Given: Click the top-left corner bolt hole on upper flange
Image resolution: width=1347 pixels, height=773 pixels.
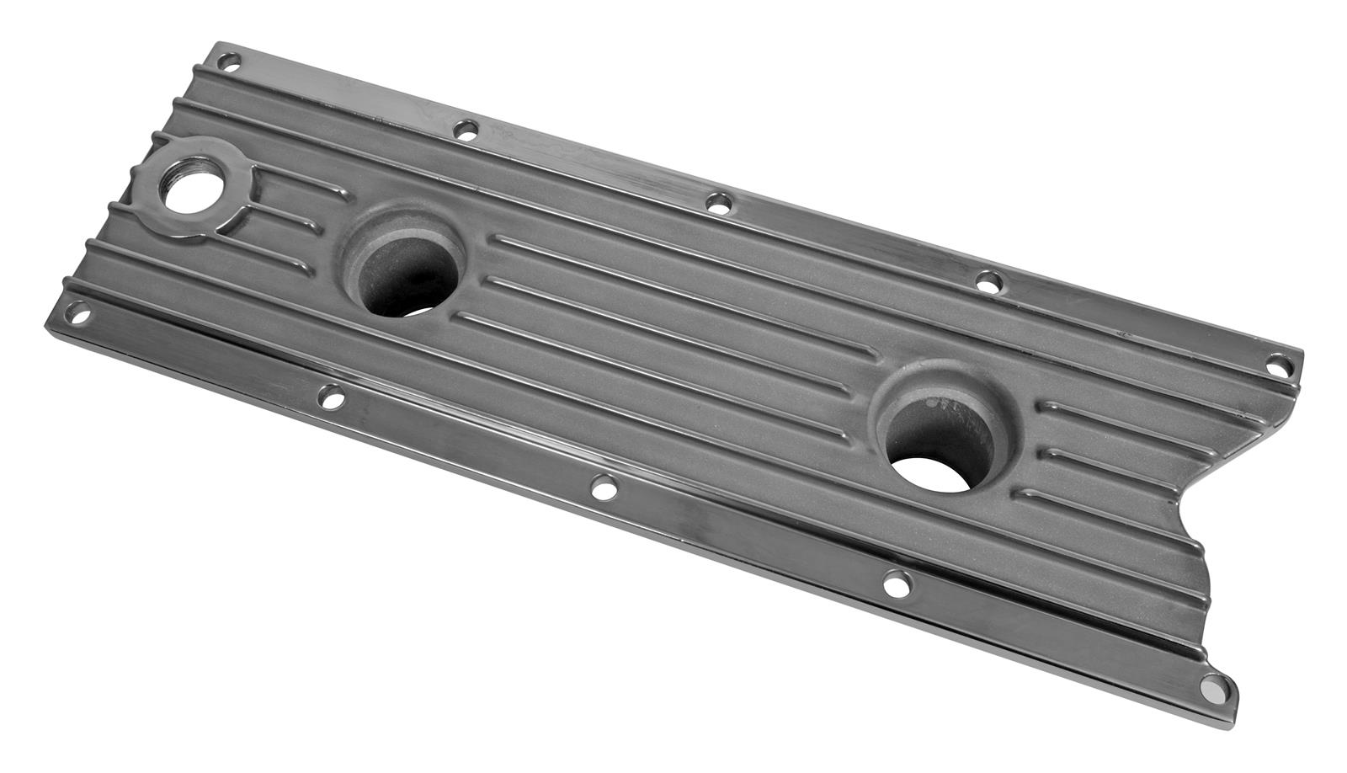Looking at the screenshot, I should coord(227,61).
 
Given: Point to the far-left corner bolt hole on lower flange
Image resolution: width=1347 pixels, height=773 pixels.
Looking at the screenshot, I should coord(80,314).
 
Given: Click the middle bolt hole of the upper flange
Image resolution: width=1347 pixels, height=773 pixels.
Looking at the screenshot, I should coord(718,201).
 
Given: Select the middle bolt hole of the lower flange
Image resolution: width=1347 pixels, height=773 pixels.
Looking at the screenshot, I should coord(603,487).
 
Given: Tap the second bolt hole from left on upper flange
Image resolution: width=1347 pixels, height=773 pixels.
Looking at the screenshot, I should coord(465,129).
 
